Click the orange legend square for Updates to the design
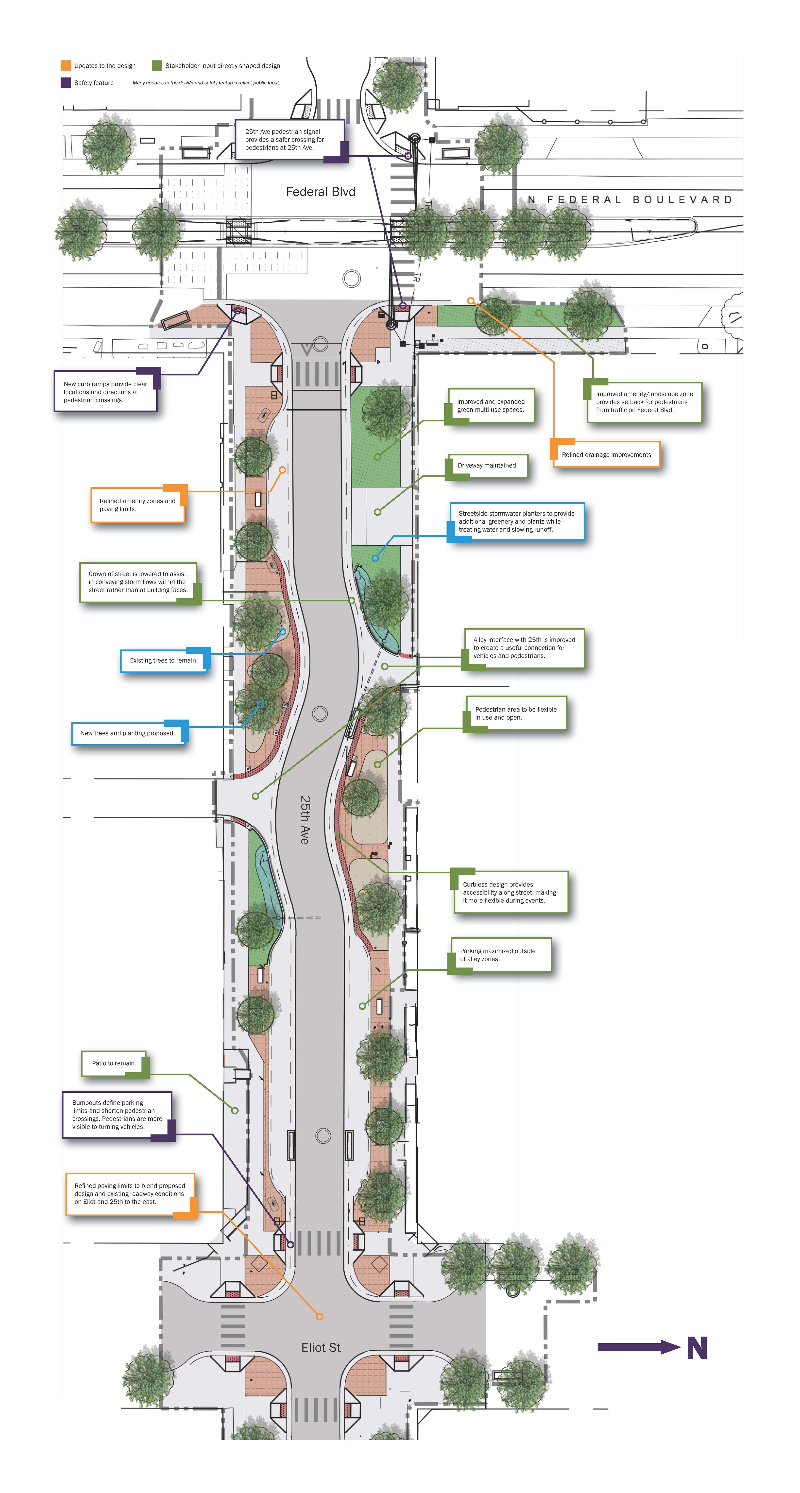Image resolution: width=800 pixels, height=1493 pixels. pyautogui.click(x=66, y=66)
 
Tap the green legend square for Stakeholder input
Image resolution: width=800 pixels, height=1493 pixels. pyautogui.click(x=157, y=66)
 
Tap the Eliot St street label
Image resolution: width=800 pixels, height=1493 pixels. pyautogui.click(x=321, y=1347)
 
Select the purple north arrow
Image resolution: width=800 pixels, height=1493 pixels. pyautogui.click(x=638, y=1347)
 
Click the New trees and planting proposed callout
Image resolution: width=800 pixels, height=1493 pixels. pyautogui.click(x=128, y=733)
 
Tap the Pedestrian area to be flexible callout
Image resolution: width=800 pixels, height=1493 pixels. pyautogui.click(x=515, y=713)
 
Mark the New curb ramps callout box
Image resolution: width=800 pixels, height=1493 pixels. pyautogui.click(x=106, y=392)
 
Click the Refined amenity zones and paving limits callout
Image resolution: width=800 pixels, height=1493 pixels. pyautogui.click(x=137, y=505)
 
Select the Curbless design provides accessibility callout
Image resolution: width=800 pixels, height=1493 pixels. pyautogui.click(x=509, y=893)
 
